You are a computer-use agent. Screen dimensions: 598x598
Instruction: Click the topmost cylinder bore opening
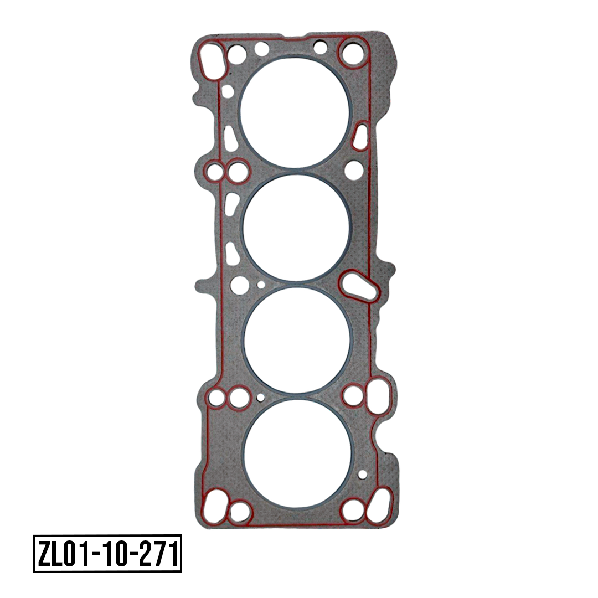click(x=295, y=112)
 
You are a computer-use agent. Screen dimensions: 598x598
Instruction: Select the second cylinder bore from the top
click(x=296, y=228)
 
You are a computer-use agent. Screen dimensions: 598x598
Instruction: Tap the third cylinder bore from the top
click(x=297, y=340)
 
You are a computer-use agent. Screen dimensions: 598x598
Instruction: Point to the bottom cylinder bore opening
click(x=298, y=453)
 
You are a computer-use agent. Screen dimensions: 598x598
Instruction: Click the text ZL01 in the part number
click(x=60, y=554)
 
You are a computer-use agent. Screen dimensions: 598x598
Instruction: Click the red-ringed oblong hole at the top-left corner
click(x=211, y=61)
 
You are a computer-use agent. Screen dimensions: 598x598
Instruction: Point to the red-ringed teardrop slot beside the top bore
click(x=360, y=136)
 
